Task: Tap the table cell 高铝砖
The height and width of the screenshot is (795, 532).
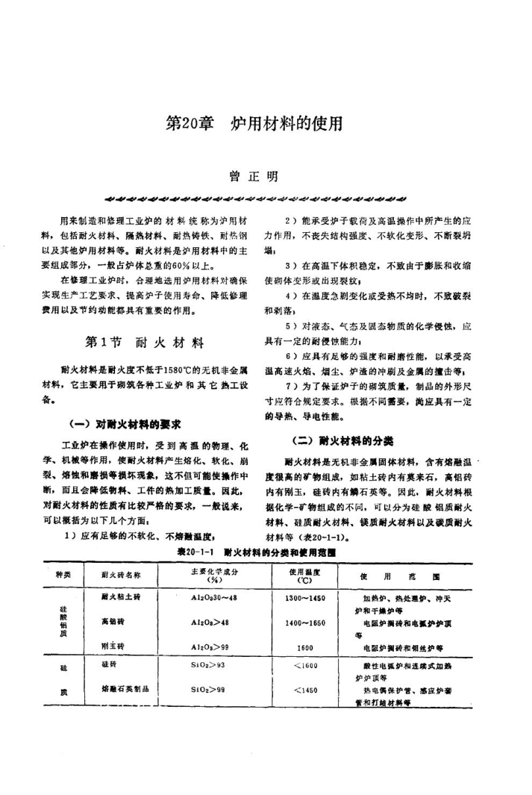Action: (x=112, y=621)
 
